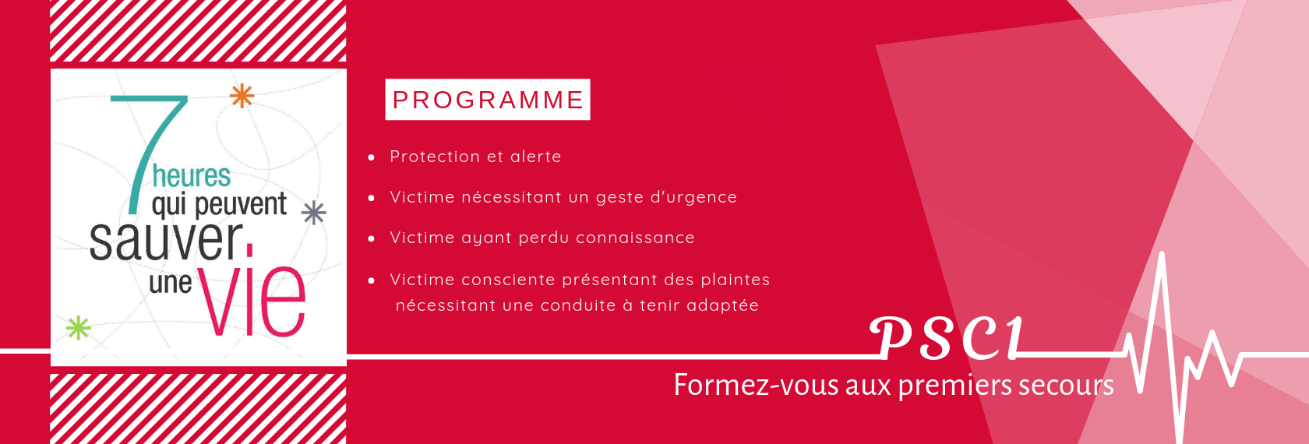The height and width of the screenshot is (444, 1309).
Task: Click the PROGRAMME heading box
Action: [x=488, y=100]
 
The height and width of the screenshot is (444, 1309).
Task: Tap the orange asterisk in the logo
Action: [x=242, y=96]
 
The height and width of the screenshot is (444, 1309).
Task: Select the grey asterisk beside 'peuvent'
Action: [x=314, y=213]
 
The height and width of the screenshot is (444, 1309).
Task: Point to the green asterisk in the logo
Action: [x=78, y=328]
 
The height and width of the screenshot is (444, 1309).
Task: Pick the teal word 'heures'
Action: [x=192, y=177]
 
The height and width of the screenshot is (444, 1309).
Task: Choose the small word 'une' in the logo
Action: [x=171, y=284]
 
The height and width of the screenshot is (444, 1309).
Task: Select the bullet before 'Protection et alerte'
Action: [x=371, y=157]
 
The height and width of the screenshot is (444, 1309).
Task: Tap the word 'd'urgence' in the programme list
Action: [x=693, y=198]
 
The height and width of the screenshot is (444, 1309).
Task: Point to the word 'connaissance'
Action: [x=635, y=237]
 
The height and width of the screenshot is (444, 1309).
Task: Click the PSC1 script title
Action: [x=947, y=338]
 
